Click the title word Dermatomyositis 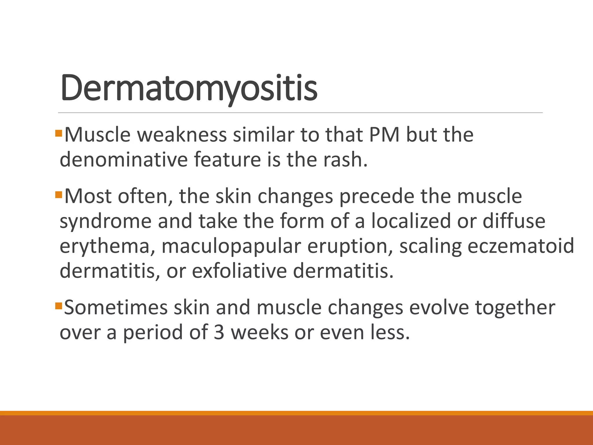click(x=189, y=88)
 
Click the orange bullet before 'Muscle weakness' click(x=59, y=133)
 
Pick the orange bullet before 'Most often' click(x=59, y=194)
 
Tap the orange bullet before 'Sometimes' click(x=59, y=305)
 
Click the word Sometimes click(x=116, y=308)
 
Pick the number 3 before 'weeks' click(x=219, y=333)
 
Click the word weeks click(x=259, y=333)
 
